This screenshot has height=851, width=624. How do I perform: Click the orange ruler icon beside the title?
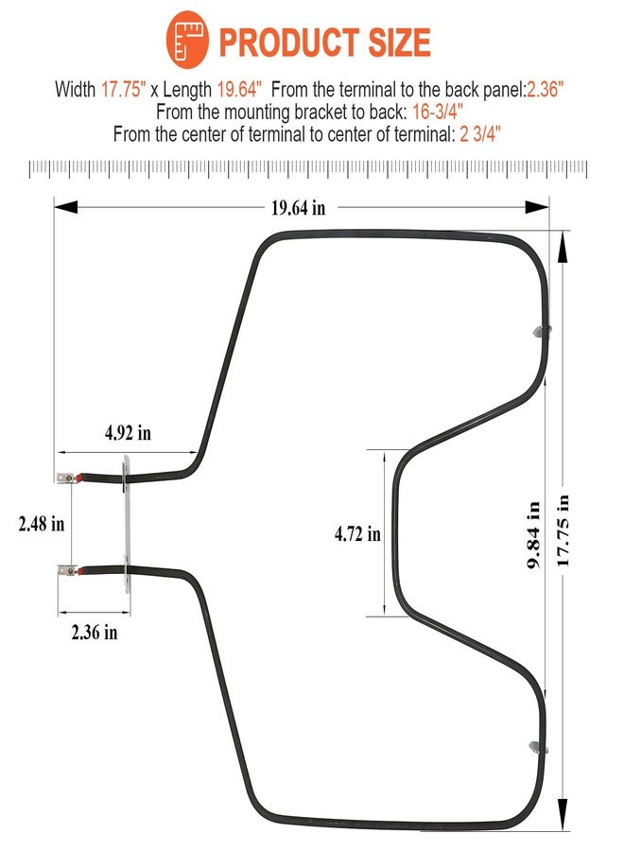pyautogui.click(x=187, y=39)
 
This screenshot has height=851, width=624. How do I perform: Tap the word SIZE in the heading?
pyautogui.click(x=399, y=43)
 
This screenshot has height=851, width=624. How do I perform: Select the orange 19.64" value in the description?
pyautogui.click(x=239, y=89)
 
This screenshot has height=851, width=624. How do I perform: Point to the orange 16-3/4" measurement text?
pyautogui.click(x=438, y=112)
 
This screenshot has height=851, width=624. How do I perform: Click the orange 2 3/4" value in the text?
pyautogui.click(x=479, y=133)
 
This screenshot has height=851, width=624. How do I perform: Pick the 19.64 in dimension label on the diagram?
pyautogui.click(x=299, y=207)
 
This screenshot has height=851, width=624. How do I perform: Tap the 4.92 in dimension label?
pyautogui.click(x=128, y=432)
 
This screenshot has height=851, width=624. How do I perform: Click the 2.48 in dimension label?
pyautogui.click(x=42, y=524)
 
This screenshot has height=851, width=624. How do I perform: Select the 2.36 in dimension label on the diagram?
pyautogui.click(x=95, y=632)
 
